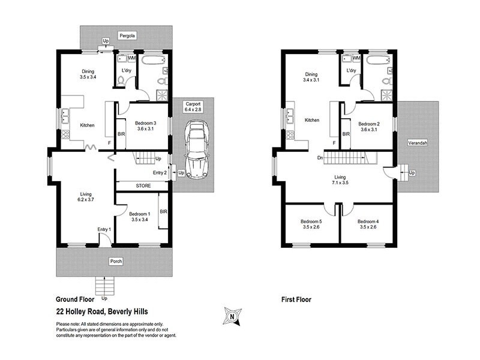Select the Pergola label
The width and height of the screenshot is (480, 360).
tap(127, 36)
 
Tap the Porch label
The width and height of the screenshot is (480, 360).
tap(115, 262)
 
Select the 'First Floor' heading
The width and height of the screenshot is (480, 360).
tap(296, 298)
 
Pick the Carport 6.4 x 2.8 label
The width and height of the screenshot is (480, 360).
tap(193, 108)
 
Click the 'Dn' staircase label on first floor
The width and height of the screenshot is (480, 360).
tap(321, 158)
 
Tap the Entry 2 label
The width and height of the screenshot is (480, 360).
tap(160, 173)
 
